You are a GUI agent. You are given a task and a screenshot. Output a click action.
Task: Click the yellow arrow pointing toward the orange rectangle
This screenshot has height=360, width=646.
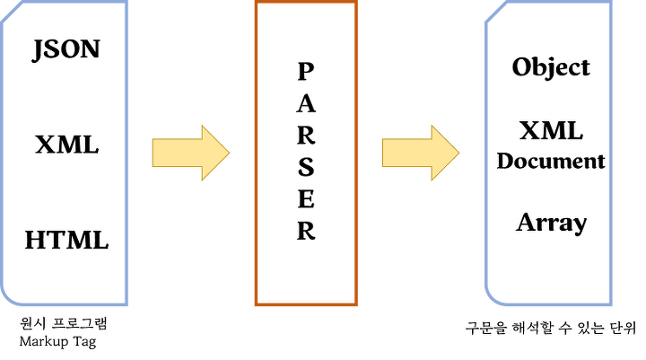click(x=188, y=153)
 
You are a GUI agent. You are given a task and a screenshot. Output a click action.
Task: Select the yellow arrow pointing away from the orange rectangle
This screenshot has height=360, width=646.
click(x=418, y=153)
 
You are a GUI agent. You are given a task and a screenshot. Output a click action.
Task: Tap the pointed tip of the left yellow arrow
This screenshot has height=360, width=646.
click(x=231, y=153)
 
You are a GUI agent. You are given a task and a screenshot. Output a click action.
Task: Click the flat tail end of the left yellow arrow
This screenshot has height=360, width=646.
click(x=152, y=153)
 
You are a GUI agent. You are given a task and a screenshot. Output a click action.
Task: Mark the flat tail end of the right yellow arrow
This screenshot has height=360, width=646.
click(x=381, y=153)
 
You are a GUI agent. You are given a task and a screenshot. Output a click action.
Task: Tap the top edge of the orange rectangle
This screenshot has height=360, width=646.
click(x=305, y=4)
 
